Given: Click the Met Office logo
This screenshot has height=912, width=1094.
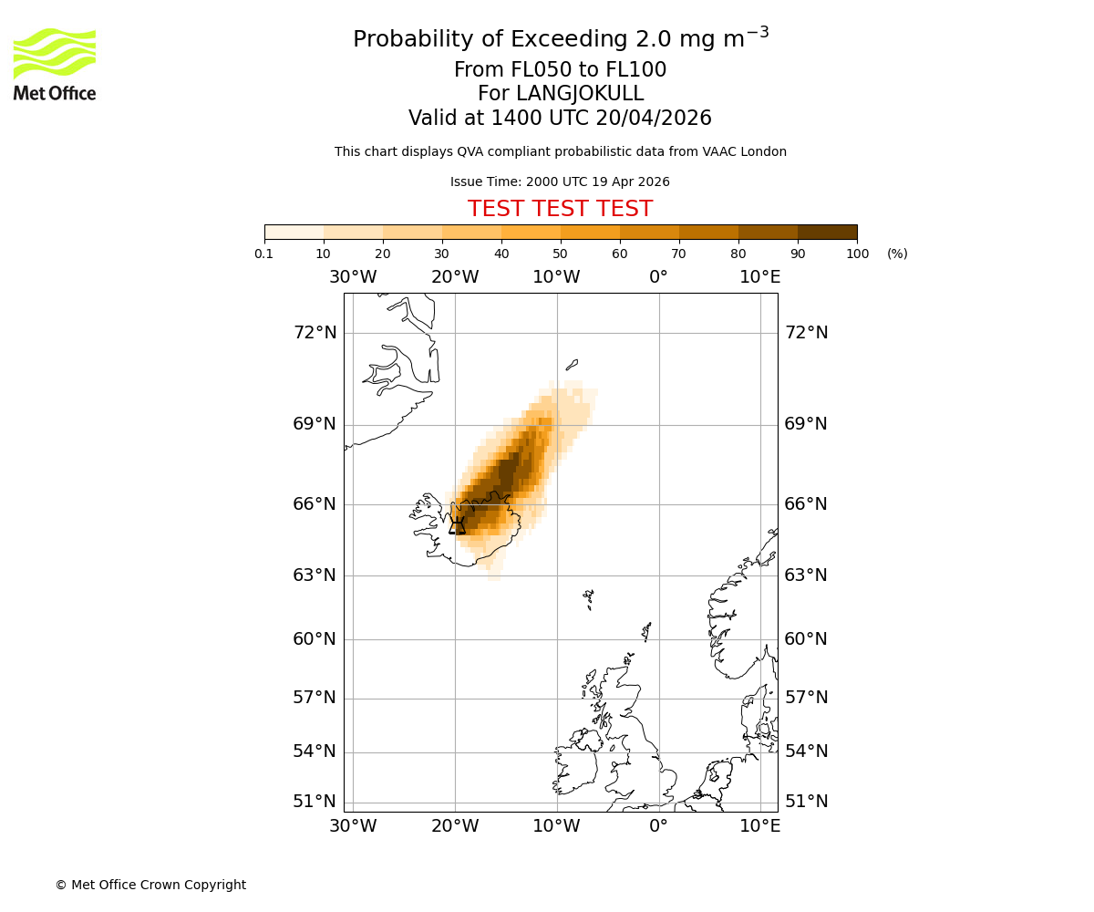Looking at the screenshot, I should click(55, 64).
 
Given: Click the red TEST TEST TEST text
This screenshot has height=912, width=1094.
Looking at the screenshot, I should click(560, 209).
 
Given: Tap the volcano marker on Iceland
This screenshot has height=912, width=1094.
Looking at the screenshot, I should click(457, 525).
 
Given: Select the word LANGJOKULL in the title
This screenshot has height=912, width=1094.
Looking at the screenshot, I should click(580, 94).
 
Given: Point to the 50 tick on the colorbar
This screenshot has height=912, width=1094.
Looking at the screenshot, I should click(560, 254).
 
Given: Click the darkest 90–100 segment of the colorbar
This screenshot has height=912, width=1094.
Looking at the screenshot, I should click(827, 232).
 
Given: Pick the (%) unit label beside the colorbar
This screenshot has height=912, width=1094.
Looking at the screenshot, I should click(897, 254).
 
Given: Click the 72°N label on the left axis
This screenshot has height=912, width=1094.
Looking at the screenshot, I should click(315, 333).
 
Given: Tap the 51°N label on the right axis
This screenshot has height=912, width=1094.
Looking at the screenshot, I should click(807, 802).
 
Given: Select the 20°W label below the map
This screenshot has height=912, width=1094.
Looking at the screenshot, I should click(455, 826).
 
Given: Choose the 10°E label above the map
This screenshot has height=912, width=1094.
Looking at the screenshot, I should click(759, 277).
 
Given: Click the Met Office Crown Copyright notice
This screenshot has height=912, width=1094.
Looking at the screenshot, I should click(150, 885).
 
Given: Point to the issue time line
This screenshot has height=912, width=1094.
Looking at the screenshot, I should click(560, 181).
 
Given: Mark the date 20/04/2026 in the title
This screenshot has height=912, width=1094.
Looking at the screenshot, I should click(654, 119).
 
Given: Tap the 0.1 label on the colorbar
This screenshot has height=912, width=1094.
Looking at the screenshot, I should click(264, 254).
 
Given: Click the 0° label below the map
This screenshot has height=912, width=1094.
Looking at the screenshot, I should click(658, 826).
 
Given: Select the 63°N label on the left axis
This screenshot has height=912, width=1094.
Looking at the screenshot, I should click(315, 575).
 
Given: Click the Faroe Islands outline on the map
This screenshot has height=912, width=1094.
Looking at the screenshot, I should click(589, 598).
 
